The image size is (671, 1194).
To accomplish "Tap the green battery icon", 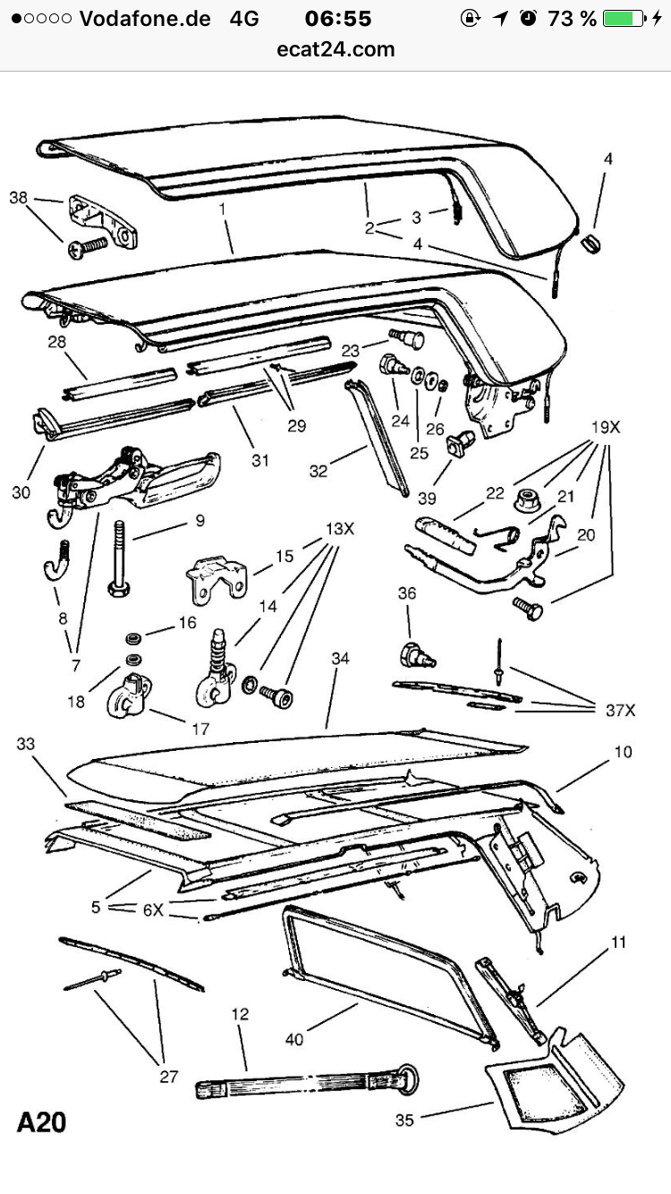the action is [624, 19].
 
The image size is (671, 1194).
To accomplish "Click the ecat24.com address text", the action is [335, 49].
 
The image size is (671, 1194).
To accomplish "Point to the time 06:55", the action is [338, 19].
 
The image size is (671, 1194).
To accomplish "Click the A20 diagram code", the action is [41, 1122].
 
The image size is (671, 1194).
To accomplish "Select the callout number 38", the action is [18, 197].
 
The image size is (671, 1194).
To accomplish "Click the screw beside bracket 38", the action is [88, 248].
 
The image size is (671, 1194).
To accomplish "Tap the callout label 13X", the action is [340, 529].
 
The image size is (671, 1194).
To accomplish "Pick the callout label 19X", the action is [606, 427].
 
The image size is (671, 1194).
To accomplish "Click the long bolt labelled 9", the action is [119, 559].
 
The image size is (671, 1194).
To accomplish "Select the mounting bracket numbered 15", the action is [217, 581].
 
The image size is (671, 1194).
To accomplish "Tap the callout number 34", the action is [340, 658].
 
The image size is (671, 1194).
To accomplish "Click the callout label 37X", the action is [620, 710].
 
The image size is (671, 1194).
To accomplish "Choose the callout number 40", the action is [294, 1038].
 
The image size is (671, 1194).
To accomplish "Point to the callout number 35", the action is [404, 1120].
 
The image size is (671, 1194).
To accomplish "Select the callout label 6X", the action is [153, 909].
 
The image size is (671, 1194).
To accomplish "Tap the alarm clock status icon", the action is [528, 19].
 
